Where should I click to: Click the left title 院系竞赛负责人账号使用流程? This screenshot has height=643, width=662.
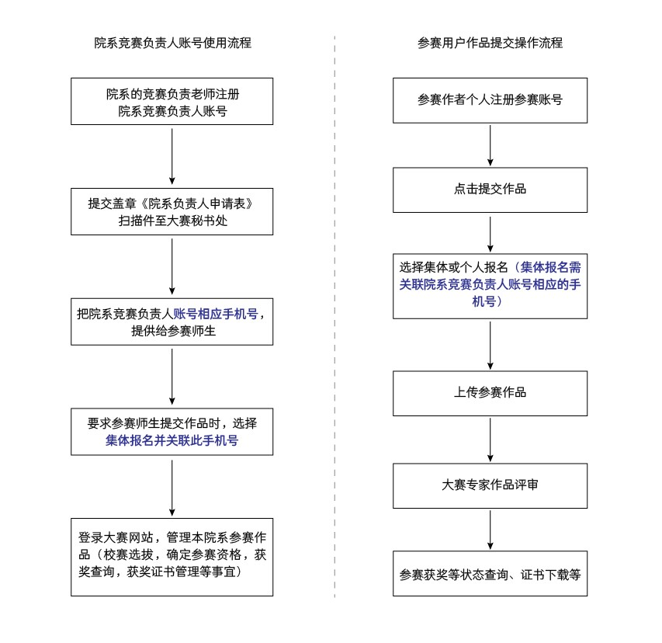pyautogui.click(x=172, y=43)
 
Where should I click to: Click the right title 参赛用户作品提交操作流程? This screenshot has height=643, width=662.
pyautogui.click(x=490, y=43)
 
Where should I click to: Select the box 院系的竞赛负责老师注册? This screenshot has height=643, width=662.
pyautogui.click(x=172, y=101)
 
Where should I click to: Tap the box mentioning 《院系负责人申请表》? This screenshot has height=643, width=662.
pyautogui.click(x=172, y=211)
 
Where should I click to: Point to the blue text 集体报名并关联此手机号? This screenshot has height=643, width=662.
pyautogui.click(x=172, y=441)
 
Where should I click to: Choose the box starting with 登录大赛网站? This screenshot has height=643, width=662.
pyautogui.click(x=172, y=556)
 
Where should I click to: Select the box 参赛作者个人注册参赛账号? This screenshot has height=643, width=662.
pyautogui.click(x=490, y=100)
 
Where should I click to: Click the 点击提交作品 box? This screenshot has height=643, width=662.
pyautogui.click(x=490, y=189)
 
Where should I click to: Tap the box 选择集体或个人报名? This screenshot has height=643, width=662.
pyautogui.click(x=490, y=285)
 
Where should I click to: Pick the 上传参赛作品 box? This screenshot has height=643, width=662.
pyautogui.click(x=490, y=393)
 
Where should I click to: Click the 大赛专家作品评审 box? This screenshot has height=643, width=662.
pyautogui.click(x=490, y=485)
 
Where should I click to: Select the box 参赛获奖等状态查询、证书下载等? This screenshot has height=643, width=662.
pyautogui.click(x=490, y=574)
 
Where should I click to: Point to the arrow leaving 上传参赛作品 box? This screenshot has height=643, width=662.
pyautogui.click(x=490, y=439)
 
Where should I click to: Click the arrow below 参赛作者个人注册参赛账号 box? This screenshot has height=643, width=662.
pyautogui.click(x=490, y=144)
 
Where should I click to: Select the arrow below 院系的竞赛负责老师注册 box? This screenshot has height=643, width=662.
pyautogui.click(x=172, y=155)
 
